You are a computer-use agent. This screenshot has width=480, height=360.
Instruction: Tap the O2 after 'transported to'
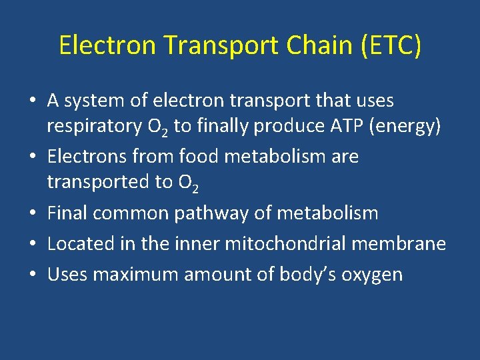coord(187,183)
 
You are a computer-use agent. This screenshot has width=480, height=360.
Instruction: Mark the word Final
coord(67,213)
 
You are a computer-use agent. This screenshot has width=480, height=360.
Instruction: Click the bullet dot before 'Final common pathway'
coord(33,214)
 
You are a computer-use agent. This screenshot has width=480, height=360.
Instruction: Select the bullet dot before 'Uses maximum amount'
coord(33,274)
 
